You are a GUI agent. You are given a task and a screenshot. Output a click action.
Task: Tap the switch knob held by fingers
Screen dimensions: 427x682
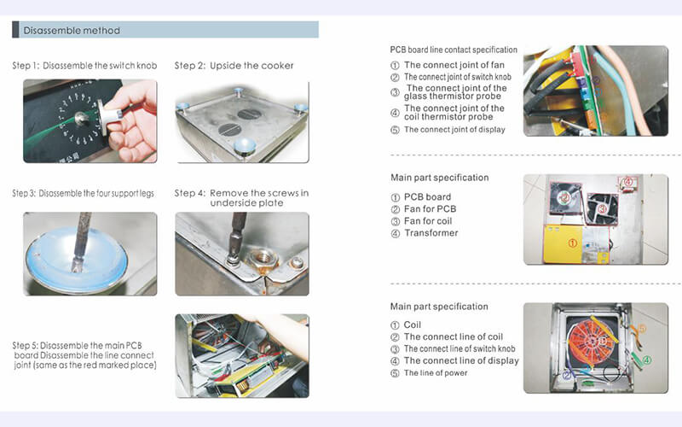click(106, 112)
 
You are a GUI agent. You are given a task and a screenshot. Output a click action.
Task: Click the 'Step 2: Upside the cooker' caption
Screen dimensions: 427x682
click(234, 67)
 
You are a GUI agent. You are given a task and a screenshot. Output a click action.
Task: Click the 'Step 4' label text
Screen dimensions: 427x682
click(190, 194)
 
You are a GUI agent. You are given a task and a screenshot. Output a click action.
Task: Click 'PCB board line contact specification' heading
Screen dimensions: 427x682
click(454, 50)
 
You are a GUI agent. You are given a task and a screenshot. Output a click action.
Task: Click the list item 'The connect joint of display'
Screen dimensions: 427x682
click(454, 130)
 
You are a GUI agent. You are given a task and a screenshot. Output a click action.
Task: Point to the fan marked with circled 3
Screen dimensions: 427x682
click(602, 208)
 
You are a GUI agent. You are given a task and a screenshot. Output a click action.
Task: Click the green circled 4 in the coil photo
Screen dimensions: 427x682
click(646, 360)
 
